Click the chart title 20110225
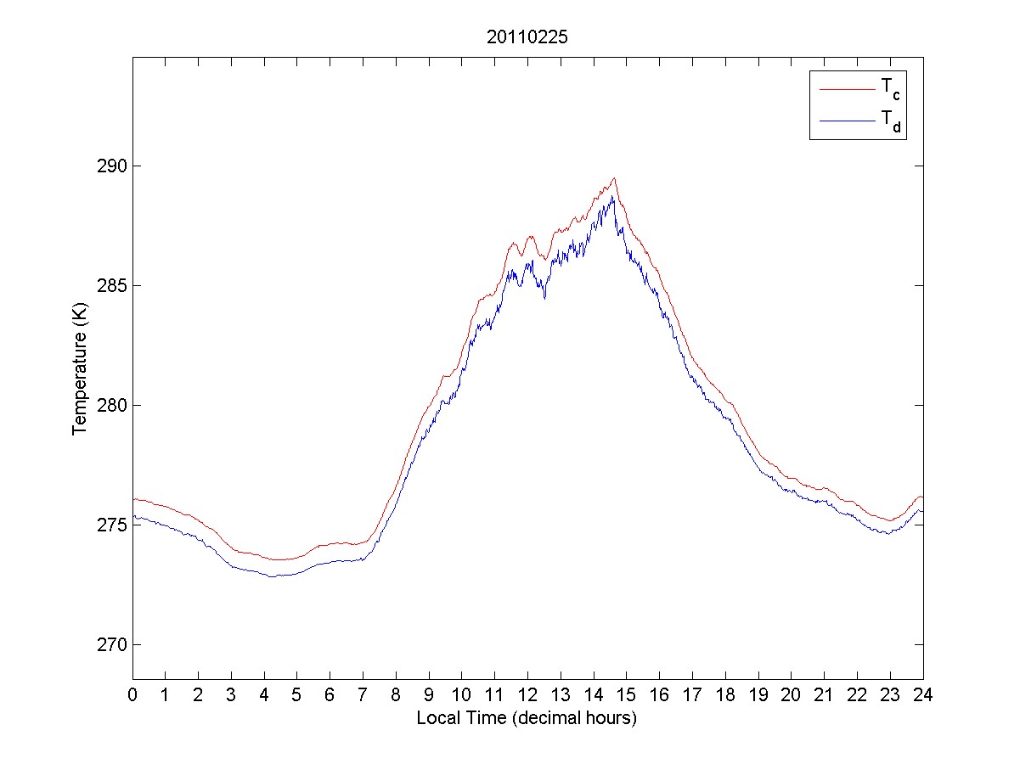pos(527,37)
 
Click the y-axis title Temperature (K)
pos(79,371)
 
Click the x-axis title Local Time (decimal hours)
pos(527,717)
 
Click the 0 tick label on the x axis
pos(132,694)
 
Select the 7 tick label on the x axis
pos(363,694)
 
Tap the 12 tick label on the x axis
pos(527,694)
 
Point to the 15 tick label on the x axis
pos(626,694)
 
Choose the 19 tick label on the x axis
pos(758,694)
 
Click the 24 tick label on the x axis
pos(922,694)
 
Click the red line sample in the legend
pos(846,89)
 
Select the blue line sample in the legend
pos(846,121)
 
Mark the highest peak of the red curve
pos(613,178)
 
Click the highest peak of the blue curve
pos(611,197)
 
